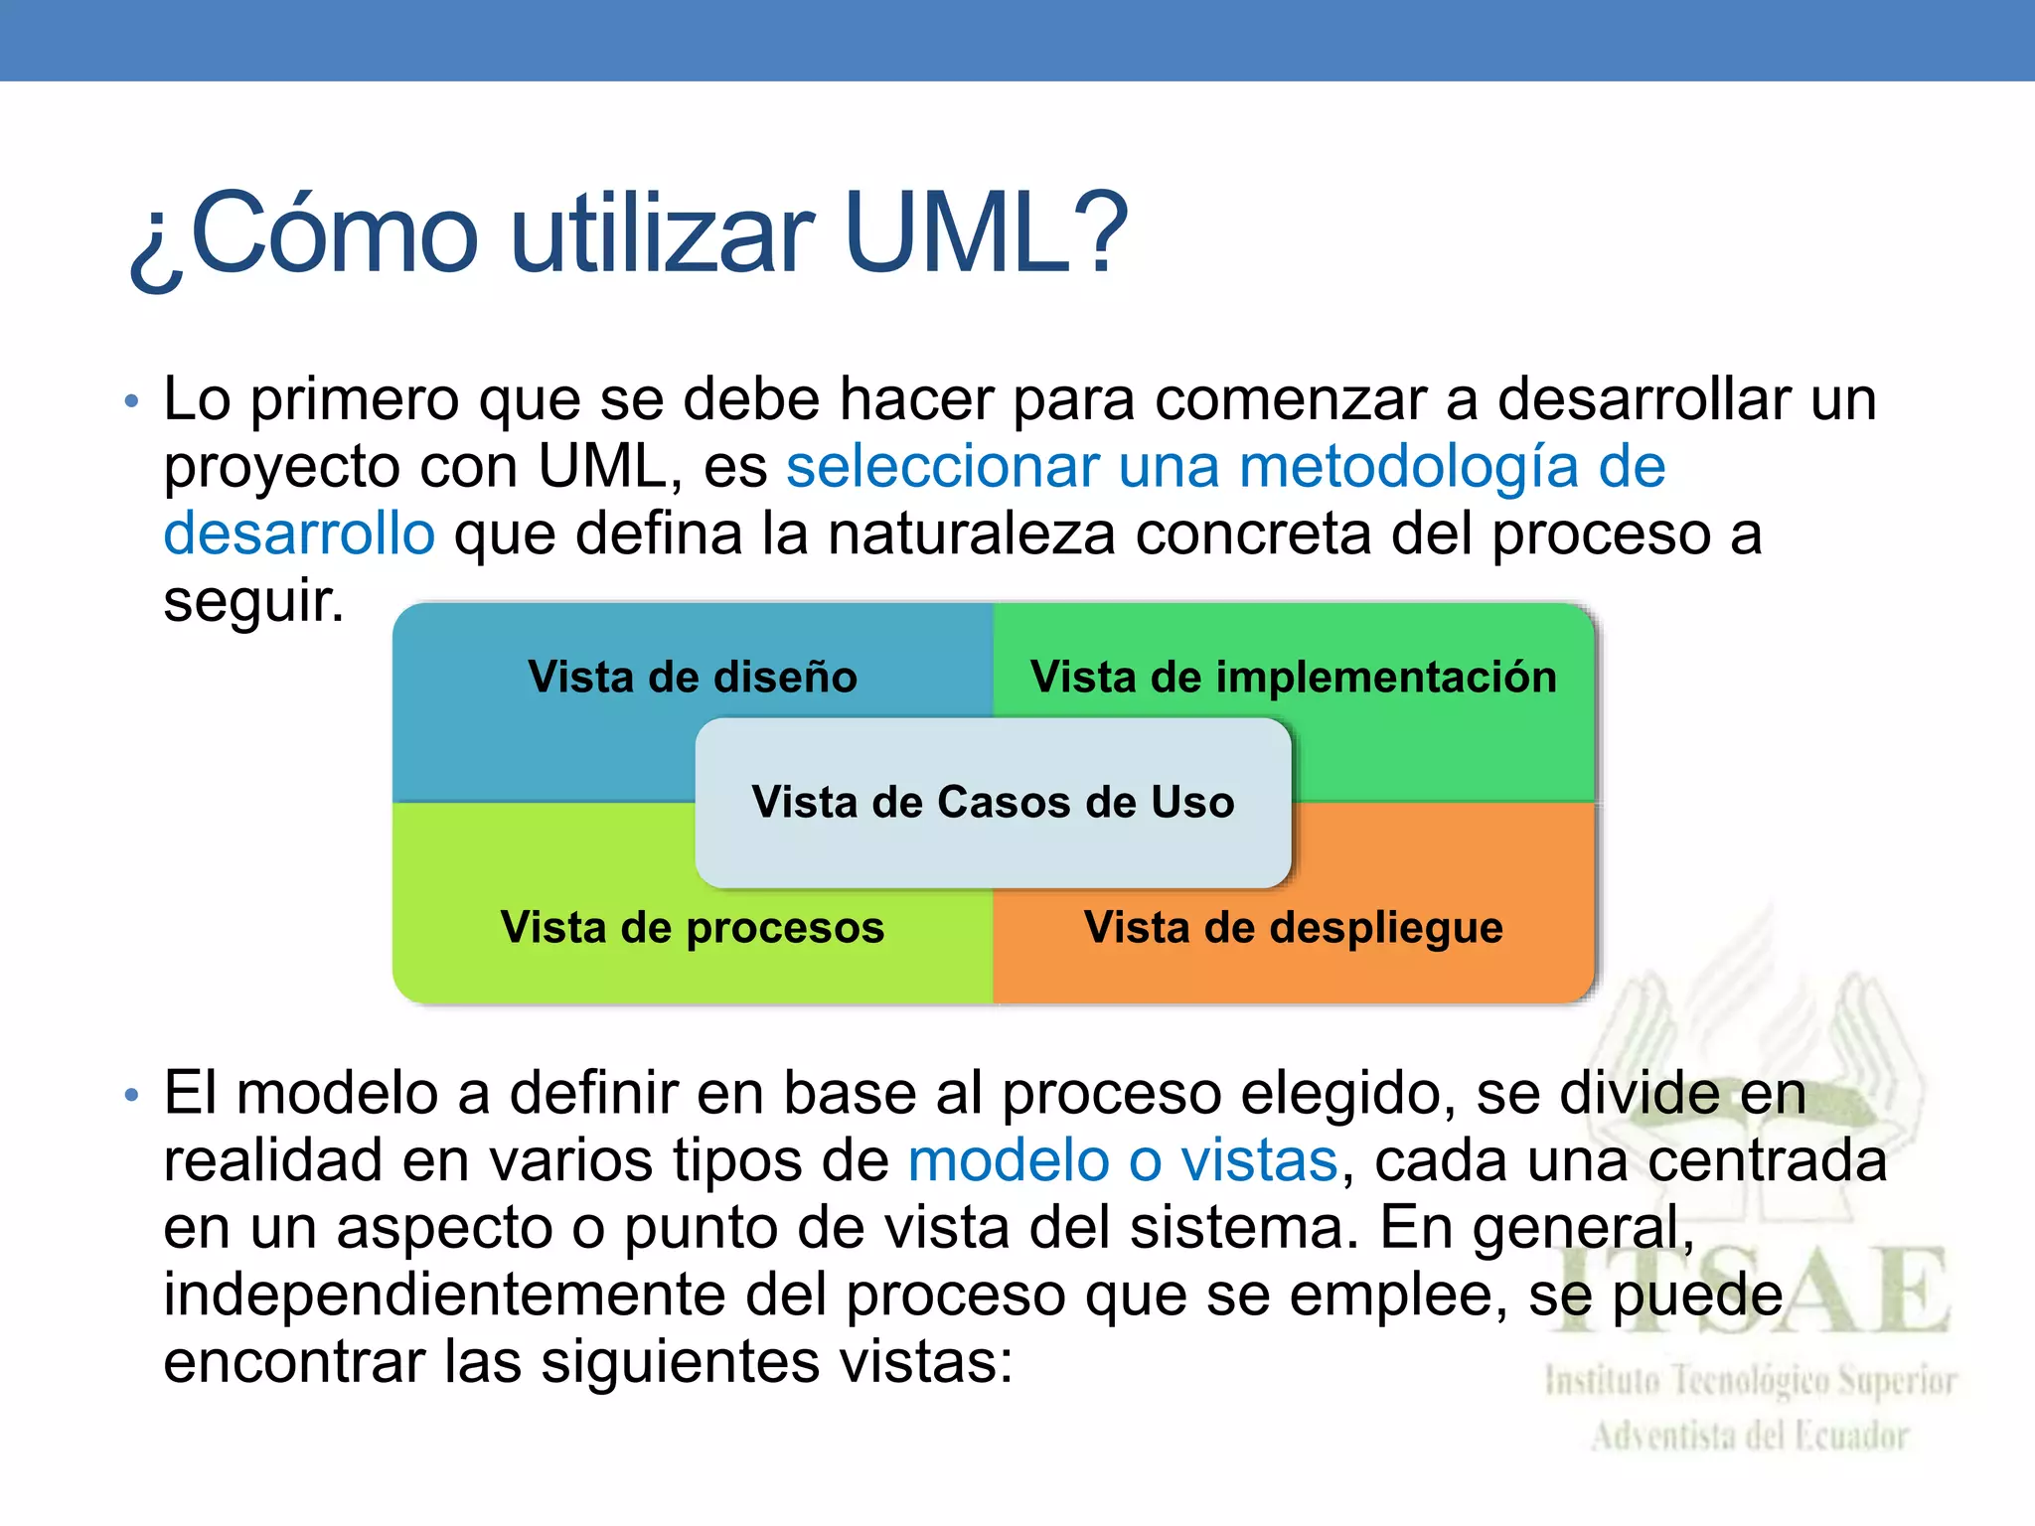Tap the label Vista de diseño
pos(693,678)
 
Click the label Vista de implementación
pos(1293,678)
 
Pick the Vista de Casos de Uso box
pos(993,802)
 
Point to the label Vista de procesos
pos(693,928)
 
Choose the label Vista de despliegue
pos(1293,928)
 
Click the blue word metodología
pos(1409,466)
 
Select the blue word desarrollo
pos(299,534)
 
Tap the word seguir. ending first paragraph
pos(253,601)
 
